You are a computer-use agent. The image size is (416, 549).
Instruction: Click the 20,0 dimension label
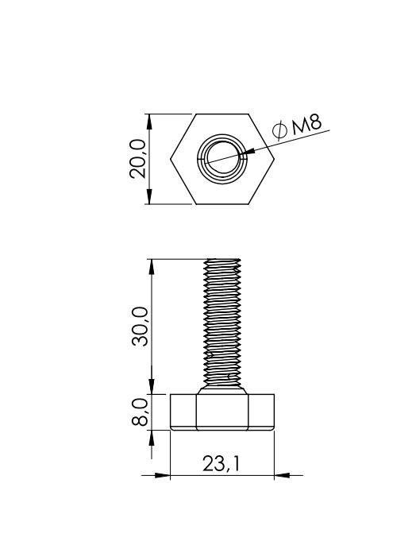tap(137, 159)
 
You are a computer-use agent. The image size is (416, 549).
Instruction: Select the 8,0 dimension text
tap(140, 413)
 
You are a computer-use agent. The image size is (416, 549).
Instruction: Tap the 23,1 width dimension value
tap(221, 464)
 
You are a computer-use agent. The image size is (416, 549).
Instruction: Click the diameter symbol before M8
tap(280, 130)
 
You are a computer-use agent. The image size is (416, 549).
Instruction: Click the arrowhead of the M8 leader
tap(248, 152)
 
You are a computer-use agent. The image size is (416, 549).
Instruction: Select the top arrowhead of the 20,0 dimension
tap(149, 122)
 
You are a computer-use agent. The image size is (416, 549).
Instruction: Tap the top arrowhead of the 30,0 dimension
tap(152, 267)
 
